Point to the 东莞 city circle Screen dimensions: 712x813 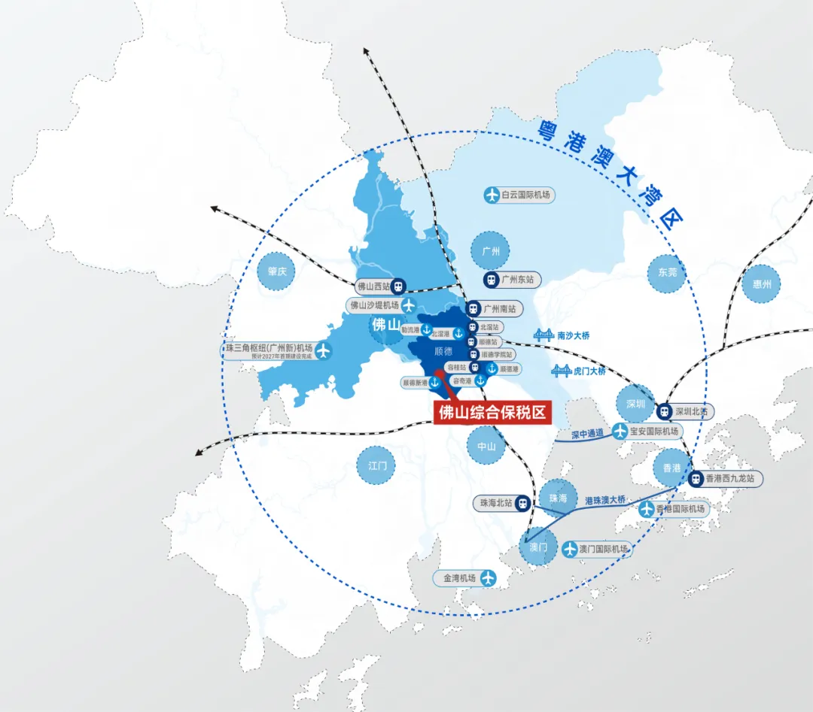pos(667,272)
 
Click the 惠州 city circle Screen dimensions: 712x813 pos(762,284)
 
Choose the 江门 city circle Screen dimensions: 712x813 pos(377,465)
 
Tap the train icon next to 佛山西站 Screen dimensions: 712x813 pos(399,286)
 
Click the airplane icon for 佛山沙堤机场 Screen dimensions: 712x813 pos(409,305)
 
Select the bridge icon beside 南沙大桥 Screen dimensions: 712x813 pos(544,335)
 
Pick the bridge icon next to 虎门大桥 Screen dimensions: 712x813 pos(561,371)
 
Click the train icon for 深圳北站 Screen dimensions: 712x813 pos(664,411)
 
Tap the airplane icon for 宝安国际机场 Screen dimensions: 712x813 pos(620,432)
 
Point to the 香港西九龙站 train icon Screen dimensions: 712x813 pos(696,477)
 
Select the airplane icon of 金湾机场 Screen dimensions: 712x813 pos(488,578)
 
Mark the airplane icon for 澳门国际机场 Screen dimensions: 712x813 pos(570,549)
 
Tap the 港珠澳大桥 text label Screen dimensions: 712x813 pos(605,500)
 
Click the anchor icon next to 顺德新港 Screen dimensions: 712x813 pos(434,383)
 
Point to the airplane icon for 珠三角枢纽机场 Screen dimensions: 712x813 pos(324,350)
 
